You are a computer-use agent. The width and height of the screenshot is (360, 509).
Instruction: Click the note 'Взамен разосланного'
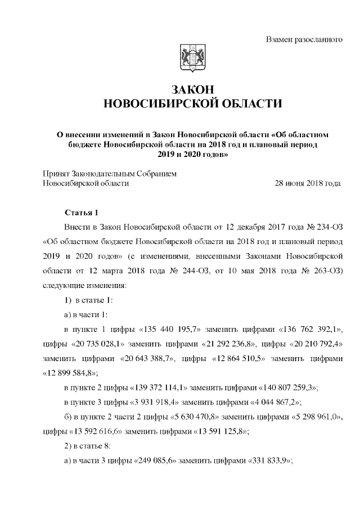tap(304, 40)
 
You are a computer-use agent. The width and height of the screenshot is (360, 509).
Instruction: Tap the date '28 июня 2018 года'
tap(307, 183)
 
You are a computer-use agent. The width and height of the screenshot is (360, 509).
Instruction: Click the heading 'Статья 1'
tap(82, 213)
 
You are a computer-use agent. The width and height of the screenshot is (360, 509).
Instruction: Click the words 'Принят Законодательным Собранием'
tap(110, 173)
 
